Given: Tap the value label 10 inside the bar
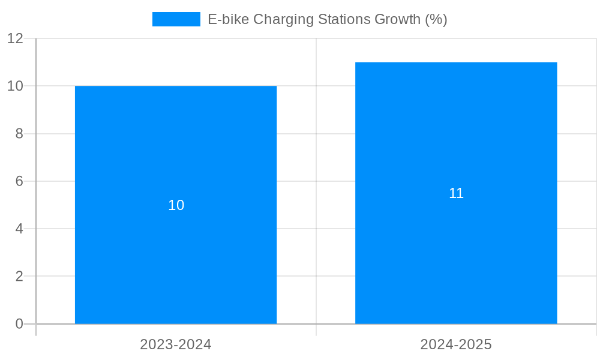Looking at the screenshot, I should pos(176,205).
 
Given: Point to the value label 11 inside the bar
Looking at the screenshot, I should pos(456,193).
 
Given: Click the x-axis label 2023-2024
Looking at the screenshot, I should pos(176,344).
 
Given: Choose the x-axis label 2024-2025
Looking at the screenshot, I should pos(456,344).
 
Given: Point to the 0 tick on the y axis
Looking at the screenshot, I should pos(19,324).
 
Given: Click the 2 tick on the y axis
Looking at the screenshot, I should pos(19,277).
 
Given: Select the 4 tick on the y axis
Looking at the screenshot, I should pos(19,229).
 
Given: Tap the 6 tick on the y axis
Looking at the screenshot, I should pos(19,181).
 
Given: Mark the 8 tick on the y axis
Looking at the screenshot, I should pos(19,134).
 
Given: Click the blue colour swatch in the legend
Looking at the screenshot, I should pos(176,19).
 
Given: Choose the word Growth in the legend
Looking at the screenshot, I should pos(398,19).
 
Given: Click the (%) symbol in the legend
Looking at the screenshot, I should pos(436,19).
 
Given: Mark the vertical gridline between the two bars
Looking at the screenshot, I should pos(316,180).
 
